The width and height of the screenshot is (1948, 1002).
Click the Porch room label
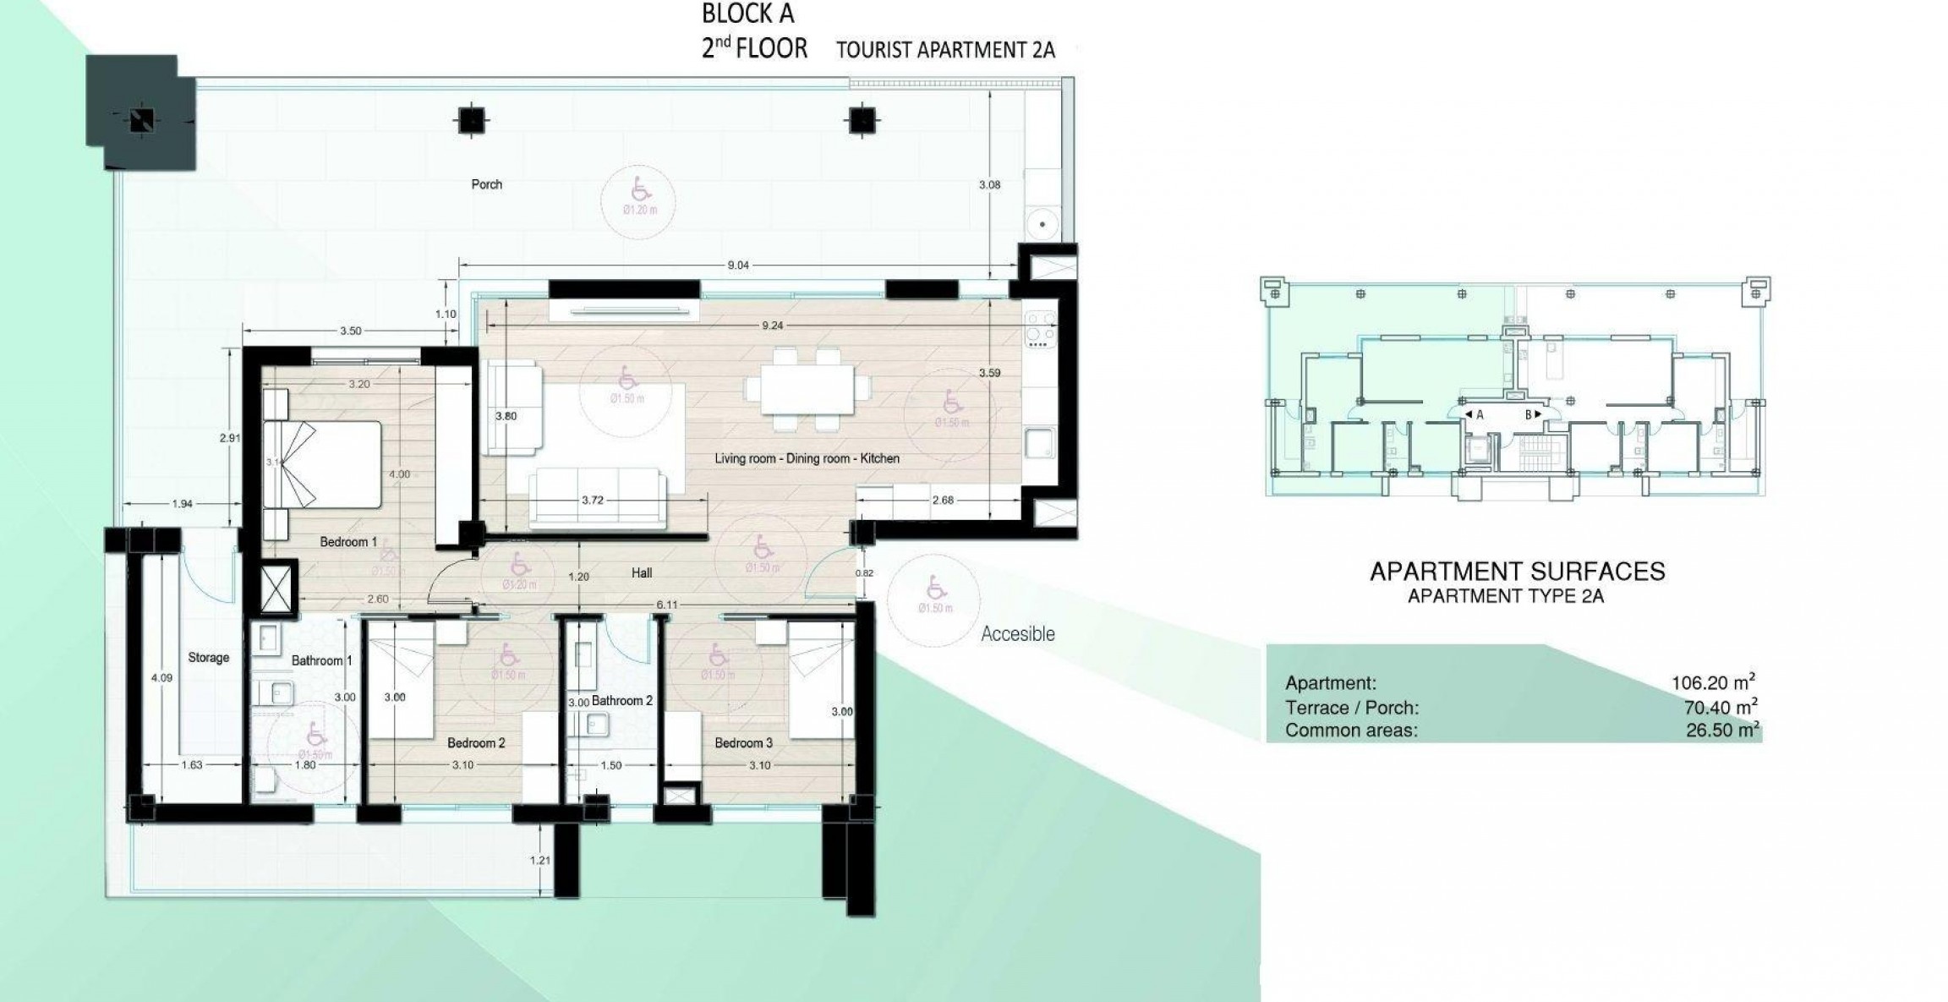coord(486,184)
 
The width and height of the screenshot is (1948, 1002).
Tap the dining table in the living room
coord(807,390)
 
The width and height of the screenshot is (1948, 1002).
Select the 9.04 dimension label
coord(738,265)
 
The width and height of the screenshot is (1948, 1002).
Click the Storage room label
coord(208,657)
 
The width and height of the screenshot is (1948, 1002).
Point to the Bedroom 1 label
coord(348,542)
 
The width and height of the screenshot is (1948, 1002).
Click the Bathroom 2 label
coord(622,701)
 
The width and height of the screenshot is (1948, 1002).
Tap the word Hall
coord(642,572)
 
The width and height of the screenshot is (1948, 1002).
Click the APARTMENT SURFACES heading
coord(1517,572)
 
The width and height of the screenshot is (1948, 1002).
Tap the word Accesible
coord(1017,634)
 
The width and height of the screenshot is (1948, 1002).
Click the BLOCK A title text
coord(747,14)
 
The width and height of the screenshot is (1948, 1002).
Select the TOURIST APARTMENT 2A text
coord(945,50)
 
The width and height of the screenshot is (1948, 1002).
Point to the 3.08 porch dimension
coord(988,184)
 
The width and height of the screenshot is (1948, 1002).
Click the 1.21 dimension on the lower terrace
coord(539,861)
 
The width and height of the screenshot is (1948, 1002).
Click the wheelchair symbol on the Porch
coord(640,189)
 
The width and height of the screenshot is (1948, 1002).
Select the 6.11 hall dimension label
coord(667,605)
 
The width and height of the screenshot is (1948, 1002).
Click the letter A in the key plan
coord(1479,414)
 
